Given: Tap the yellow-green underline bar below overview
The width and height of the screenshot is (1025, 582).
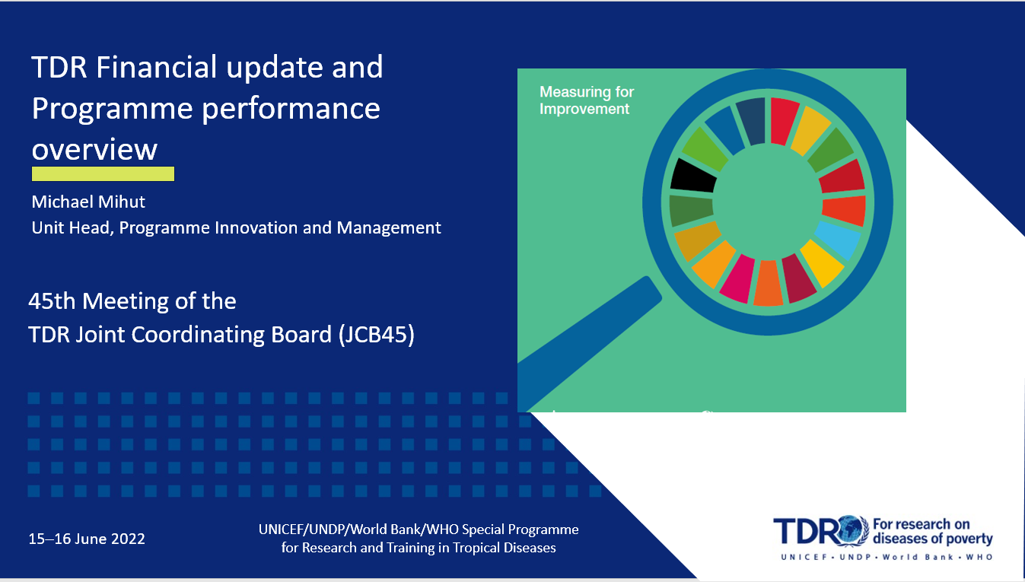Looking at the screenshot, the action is (103, 174).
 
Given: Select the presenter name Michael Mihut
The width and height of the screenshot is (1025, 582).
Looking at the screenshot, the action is (88, 202).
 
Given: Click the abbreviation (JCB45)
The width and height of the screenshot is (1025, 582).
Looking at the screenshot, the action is (377, 335).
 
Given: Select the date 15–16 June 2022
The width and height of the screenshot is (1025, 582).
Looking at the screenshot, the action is (87, 539).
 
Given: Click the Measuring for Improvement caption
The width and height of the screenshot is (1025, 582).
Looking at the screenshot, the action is (587, 100).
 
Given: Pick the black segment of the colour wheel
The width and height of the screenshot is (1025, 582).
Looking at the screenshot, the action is (693, 177).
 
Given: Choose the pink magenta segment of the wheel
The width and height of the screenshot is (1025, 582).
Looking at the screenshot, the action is (737, 279).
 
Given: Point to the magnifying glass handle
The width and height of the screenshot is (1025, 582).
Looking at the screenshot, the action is (590, 344).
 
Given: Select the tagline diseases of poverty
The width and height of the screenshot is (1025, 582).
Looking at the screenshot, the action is (933, 539).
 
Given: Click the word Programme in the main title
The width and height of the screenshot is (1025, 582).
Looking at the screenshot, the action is (112, 110).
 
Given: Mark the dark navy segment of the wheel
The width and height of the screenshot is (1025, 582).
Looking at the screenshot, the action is (751, 122).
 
